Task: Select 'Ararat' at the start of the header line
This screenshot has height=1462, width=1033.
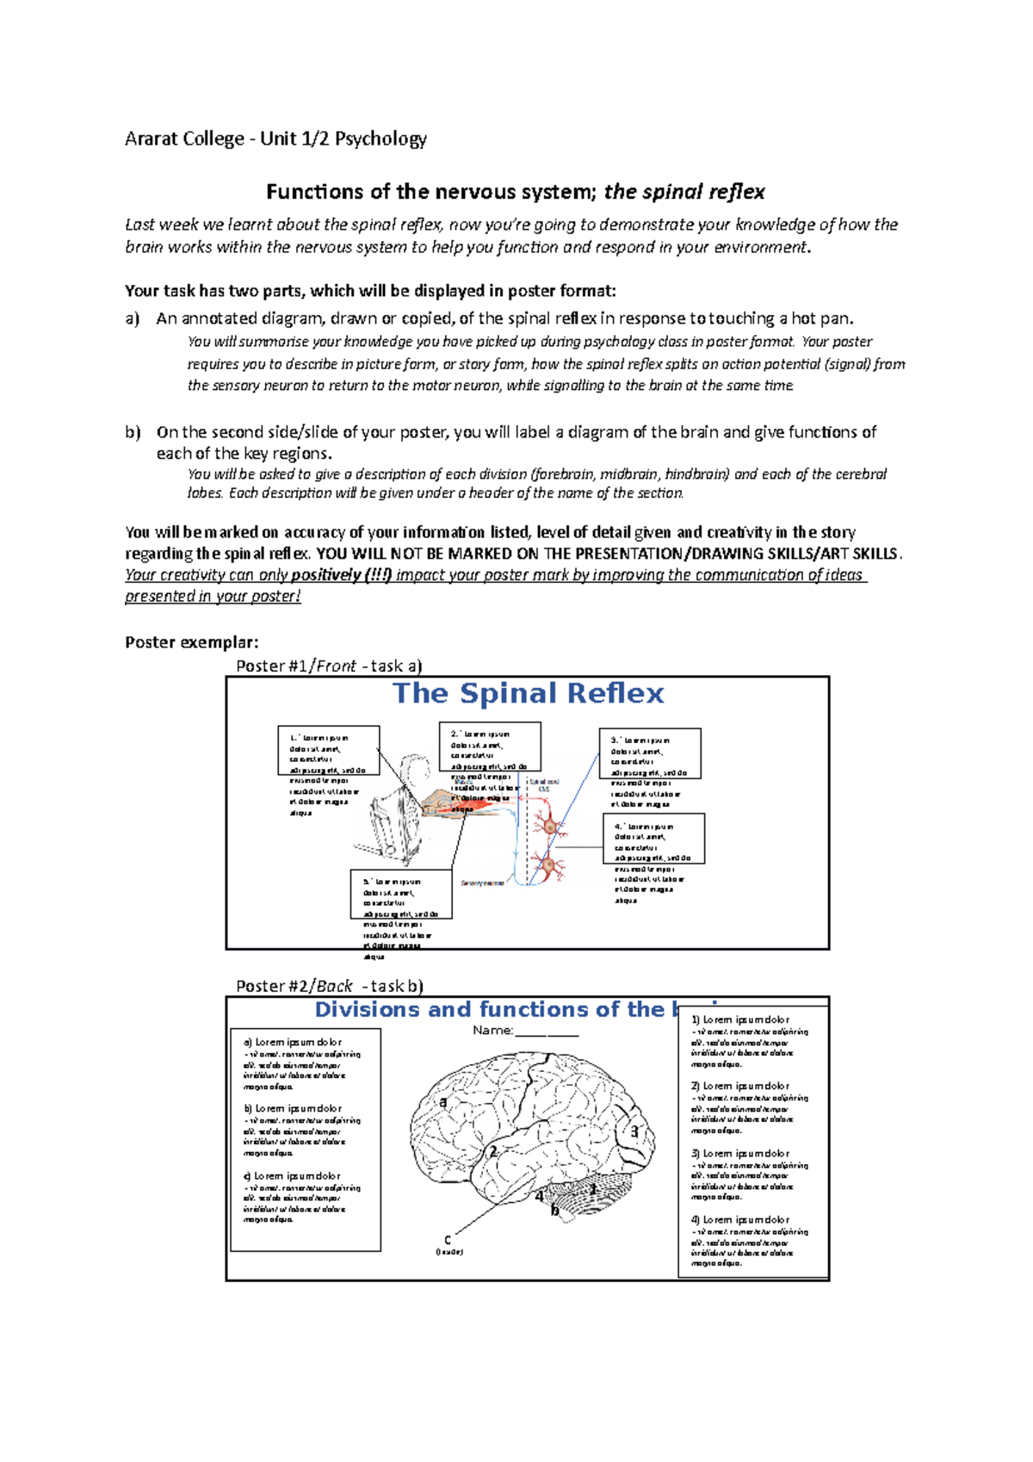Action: point(152,139)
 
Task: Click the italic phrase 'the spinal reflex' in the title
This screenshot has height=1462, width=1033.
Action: point(684,191)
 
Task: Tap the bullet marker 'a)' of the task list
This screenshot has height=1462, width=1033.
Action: point(132,319)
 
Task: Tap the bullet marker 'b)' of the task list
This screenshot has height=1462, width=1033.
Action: point(132,432)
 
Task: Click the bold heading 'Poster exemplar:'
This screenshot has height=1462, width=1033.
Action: point(191,642)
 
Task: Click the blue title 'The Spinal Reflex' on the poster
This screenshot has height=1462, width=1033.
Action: point(528,694)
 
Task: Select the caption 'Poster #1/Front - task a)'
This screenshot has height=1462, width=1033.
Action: point(329,666)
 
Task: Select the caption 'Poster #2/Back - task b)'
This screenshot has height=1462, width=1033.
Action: point(329,986)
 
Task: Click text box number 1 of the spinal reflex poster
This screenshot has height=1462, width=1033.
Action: point(328,750)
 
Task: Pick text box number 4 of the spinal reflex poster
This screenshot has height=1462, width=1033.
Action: point(653,838)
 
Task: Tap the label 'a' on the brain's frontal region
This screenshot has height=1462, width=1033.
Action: point(443,1101)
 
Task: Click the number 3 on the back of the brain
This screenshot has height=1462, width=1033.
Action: point(635,1131)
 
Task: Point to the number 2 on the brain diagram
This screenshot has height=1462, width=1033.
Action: point(493,1151)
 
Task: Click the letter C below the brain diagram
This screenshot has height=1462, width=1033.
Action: point(448,1241)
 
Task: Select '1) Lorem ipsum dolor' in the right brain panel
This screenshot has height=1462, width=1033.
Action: point(739,1019)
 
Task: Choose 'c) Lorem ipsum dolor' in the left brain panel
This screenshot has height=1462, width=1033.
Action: point(292,1175)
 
